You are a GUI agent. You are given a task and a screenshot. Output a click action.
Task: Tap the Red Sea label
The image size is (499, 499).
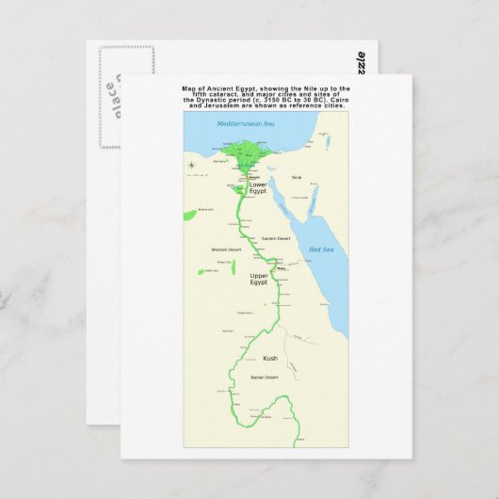point(321,249)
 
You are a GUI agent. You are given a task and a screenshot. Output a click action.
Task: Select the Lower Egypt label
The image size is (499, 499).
point(258,187)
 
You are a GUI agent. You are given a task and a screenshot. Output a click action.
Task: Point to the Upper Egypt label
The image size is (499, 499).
point(259,279)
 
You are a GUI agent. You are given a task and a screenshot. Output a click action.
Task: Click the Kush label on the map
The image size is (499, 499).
point(270,358)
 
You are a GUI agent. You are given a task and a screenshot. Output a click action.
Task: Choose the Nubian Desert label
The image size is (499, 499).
point(265,378)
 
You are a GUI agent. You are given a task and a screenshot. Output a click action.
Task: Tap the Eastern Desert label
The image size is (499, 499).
point(276,238)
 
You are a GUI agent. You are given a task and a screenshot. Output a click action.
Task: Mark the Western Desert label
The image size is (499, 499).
point(227,249)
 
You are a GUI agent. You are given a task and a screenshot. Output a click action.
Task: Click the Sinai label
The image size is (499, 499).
point(296,177)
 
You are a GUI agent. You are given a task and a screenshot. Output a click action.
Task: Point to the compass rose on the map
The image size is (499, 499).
point(192,166)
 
